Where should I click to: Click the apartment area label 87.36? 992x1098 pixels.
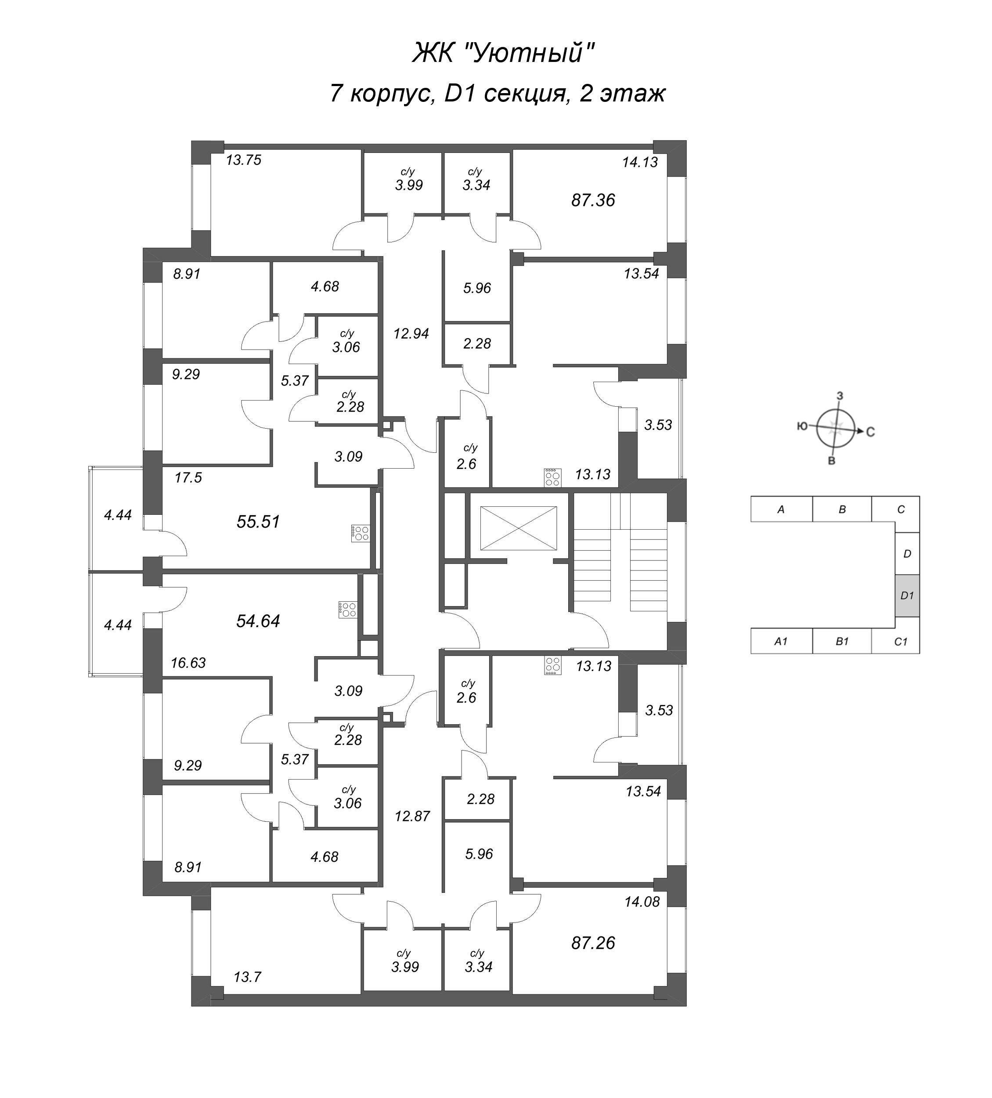[x=592, y=200]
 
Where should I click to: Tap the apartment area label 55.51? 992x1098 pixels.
[x=258, y=522]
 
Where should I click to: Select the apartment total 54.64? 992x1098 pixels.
[x=258, y=621]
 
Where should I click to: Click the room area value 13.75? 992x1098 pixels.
[x=243, y=160]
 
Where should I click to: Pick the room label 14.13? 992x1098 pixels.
[x=640, y=163]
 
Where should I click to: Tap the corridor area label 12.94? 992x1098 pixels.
[x=411, y=334]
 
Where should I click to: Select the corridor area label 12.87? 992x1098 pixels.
[x=412, y=816]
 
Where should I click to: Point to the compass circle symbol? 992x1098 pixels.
[x=836, y=428]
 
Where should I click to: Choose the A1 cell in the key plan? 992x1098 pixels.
[x=781, y=642]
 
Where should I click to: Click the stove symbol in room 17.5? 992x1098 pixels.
[x=361, y=533]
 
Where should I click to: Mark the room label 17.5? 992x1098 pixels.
[x=188, y=478]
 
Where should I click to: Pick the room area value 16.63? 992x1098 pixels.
[x=188, y=663]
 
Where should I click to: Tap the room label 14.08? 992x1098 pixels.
[x=642, y=901]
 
